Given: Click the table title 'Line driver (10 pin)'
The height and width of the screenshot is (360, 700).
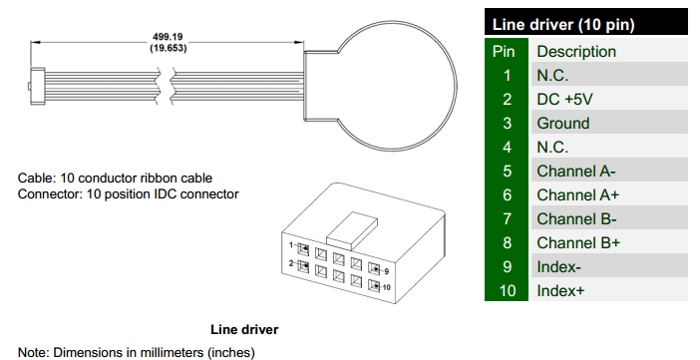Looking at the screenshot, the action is (563, 25).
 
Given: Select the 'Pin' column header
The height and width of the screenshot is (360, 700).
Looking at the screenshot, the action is (504, 52).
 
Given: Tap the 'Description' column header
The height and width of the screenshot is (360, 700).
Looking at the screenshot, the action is (576, 52).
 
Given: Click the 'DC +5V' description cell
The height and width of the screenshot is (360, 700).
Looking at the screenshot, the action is (564, 99).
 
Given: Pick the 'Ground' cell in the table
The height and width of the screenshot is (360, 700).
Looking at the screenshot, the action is (563, 124).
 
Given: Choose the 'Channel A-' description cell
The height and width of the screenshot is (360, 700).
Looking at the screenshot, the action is (576, 172).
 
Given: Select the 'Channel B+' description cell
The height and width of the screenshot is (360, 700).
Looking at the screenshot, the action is (578, 243).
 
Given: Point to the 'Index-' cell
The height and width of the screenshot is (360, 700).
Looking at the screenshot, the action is (559, 267).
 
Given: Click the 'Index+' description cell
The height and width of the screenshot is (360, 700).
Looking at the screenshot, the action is (560, 291).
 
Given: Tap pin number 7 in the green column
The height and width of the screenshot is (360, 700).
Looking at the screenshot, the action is (507, 218).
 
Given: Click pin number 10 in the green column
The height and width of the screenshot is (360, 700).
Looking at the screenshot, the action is (507, 291).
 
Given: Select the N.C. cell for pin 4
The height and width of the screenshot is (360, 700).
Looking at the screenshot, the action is (552, 147).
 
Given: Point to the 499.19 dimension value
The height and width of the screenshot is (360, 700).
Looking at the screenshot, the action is (168, 37).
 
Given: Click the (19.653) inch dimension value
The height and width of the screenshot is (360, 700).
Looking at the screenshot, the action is (168, 48).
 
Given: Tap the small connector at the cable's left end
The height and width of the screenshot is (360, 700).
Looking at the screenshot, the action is (37, 86).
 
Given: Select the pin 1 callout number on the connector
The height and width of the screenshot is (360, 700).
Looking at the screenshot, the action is (291, 244).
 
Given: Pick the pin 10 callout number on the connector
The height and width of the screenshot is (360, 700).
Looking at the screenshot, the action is (386, 287).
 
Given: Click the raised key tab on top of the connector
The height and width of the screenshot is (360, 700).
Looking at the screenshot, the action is (352, 230).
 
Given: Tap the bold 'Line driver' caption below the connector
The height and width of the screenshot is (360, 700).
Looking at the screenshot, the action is (244, 330).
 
